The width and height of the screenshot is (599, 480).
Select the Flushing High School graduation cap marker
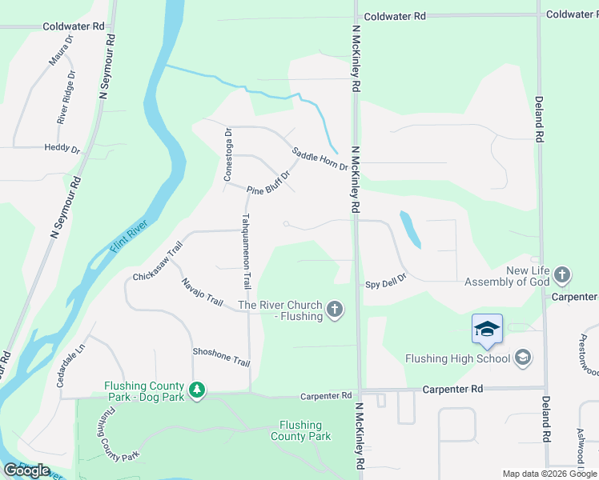point(487,330)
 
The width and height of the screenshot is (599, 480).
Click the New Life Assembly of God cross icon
point(562,276)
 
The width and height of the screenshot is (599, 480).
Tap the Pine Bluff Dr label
point(267,184)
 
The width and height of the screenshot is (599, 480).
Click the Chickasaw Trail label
point(159,262)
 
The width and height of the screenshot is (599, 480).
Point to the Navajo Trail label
point(202,292)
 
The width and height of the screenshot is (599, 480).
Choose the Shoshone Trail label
point(221,356)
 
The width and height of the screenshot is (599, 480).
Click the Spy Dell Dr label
point(387,282)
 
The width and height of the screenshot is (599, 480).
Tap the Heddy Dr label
point(62,149)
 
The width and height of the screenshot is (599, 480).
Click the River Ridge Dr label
point(66,97)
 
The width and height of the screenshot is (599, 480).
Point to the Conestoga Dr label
point(228,154)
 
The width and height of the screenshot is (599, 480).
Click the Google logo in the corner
point(27,470)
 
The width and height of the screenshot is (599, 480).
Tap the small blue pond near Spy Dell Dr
point(409,229)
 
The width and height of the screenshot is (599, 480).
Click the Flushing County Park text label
point(300,431)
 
